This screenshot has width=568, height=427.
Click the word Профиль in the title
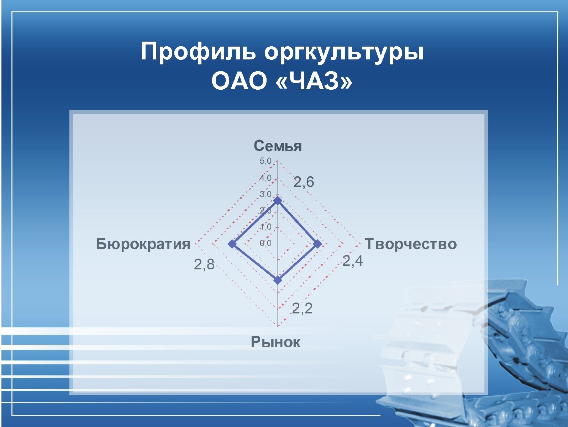(198, 52)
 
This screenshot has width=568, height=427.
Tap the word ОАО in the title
(239, 81)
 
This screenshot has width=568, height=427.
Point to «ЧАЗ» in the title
(314, 81)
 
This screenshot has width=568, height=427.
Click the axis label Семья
(278, 146)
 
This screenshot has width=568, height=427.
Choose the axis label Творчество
(411, 244)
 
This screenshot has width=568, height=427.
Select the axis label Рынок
(275, 342)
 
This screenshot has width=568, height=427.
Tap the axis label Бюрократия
(143, 244)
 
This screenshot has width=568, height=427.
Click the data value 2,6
(304, 182)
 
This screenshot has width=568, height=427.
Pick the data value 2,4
(352, 261)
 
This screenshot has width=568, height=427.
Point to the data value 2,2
(302, 308)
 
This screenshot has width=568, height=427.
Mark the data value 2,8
(204, 264)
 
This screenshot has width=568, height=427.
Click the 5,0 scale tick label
(265, 161)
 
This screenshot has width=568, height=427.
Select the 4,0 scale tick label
(265, 178)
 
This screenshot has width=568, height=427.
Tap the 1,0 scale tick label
(265, 227)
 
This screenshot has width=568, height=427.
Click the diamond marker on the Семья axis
(278, 201)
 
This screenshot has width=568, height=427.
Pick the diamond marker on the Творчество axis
(317, 244)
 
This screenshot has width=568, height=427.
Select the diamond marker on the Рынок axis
(278, 280)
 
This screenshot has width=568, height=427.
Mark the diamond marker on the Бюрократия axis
(232, 244)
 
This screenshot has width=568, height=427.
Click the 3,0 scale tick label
(265, 194)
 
